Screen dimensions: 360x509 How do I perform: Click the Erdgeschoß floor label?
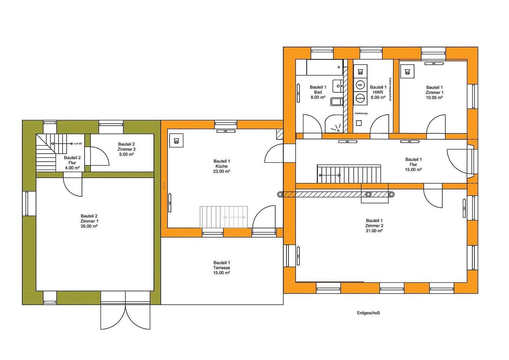tap(368, 313)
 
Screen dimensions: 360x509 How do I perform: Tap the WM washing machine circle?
tap(360, 85)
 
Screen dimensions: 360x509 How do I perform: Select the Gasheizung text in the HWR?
tap(361, 113)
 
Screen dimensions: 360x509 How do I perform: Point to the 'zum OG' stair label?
tap(78, 143)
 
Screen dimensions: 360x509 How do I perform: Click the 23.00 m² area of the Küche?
tap(222, 171)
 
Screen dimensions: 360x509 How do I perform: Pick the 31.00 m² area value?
tap(374, 231)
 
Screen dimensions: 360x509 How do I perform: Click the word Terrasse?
tap(222, 268)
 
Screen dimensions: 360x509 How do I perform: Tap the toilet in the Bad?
tap(336, 101)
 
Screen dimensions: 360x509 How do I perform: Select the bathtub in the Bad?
tap(325, 67)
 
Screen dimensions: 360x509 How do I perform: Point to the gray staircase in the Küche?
tap(224, 217)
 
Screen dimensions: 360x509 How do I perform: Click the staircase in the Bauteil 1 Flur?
tap(348, 174)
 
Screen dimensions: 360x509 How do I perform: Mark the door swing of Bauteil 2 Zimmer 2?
tap(99, 156)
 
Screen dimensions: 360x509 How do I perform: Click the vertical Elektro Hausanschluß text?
tap(390, 89)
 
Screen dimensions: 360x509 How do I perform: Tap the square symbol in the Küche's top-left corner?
tap(176, 140)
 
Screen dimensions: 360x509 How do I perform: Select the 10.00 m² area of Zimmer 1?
tap(434, 98)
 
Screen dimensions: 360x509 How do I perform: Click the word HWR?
tap(378, 92)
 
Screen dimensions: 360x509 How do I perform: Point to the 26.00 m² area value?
tap(89, 226)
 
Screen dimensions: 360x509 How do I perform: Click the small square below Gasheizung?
tap(359, 123)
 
